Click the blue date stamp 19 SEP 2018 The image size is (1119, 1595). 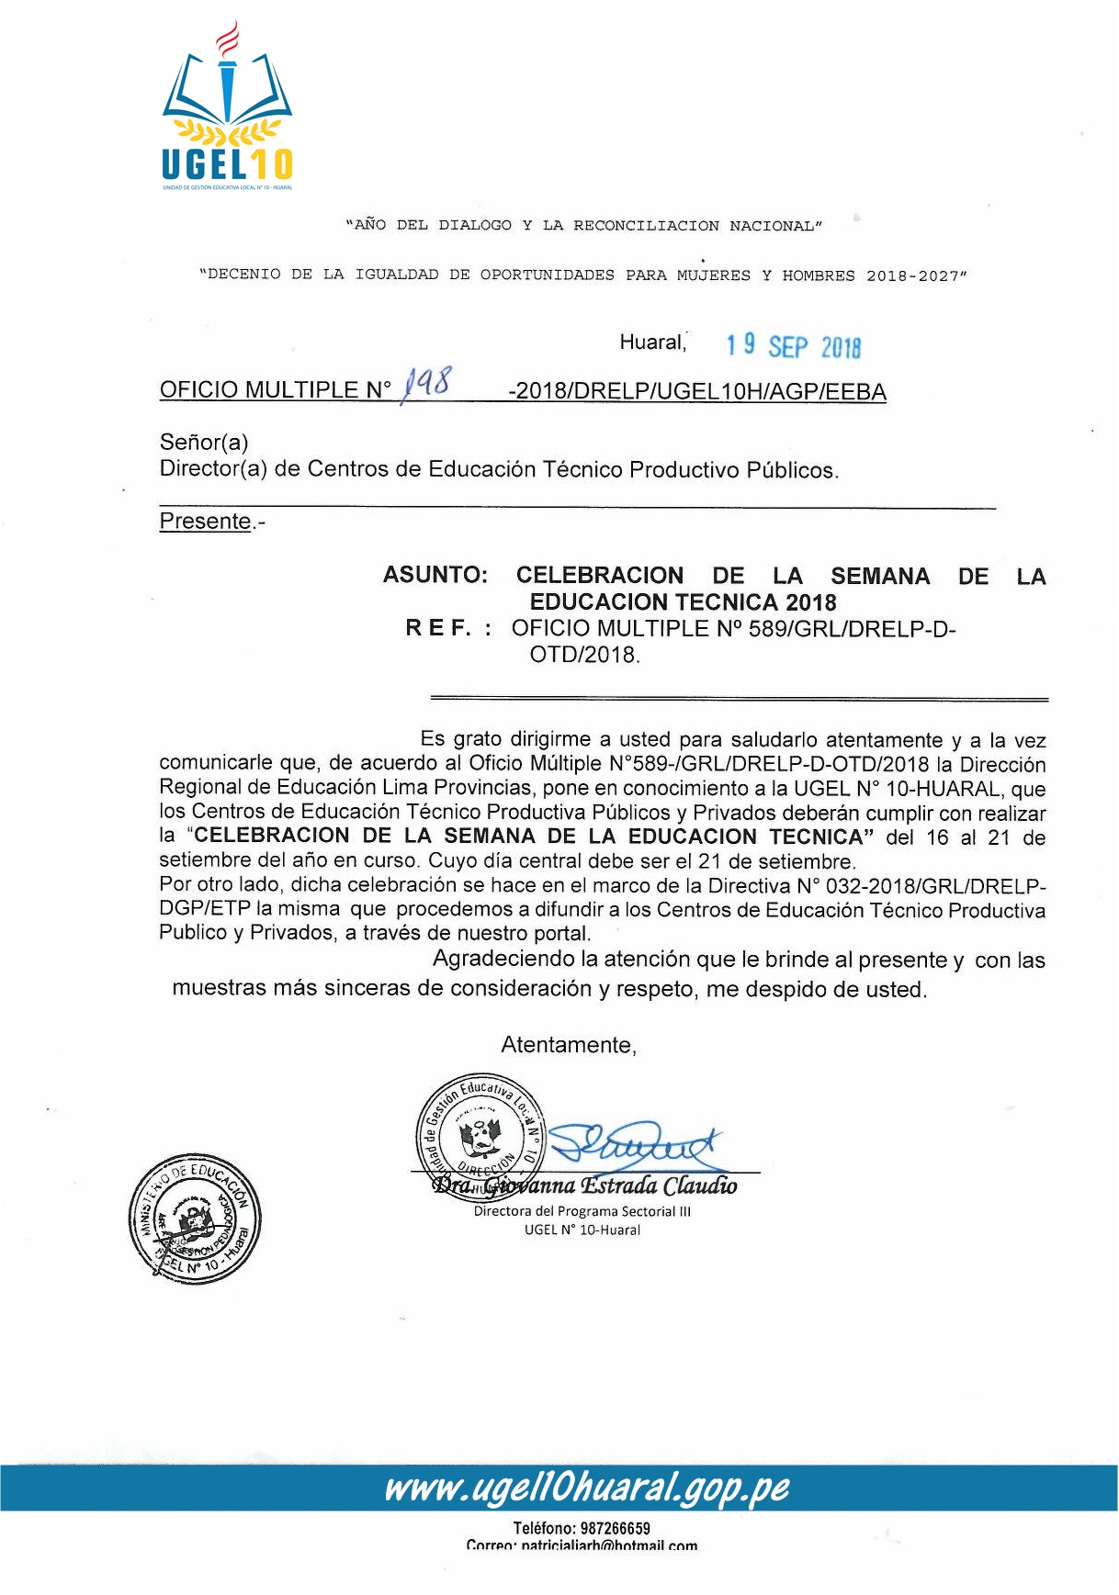click(x=793, y=346)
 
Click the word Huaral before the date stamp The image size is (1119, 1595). click(x=652, y=343)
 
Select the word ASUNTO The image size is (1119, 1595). click(x=435, y=576)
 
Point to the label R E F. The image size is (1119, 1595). click(x=438, y=629)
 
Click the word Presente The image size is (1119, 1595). click(x=206, y=522)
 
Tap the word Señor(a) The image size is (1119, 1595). click(x=204, y=443)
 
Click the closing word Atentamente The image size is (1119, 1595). click(x=568, y=1045)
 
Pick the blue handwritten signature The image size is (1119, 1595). click(x=634, y=1143)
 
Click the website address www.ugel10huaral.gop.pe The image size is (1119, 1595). click(x=586, y=1488)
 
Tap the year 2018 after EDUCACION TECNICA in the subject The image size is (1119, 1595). click(x=810, y=602)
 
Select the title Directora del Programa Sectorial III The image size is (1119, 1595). click(x=582, y=1211)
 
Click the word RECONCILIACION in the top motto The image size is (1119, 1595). click(x=646, y=226)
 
